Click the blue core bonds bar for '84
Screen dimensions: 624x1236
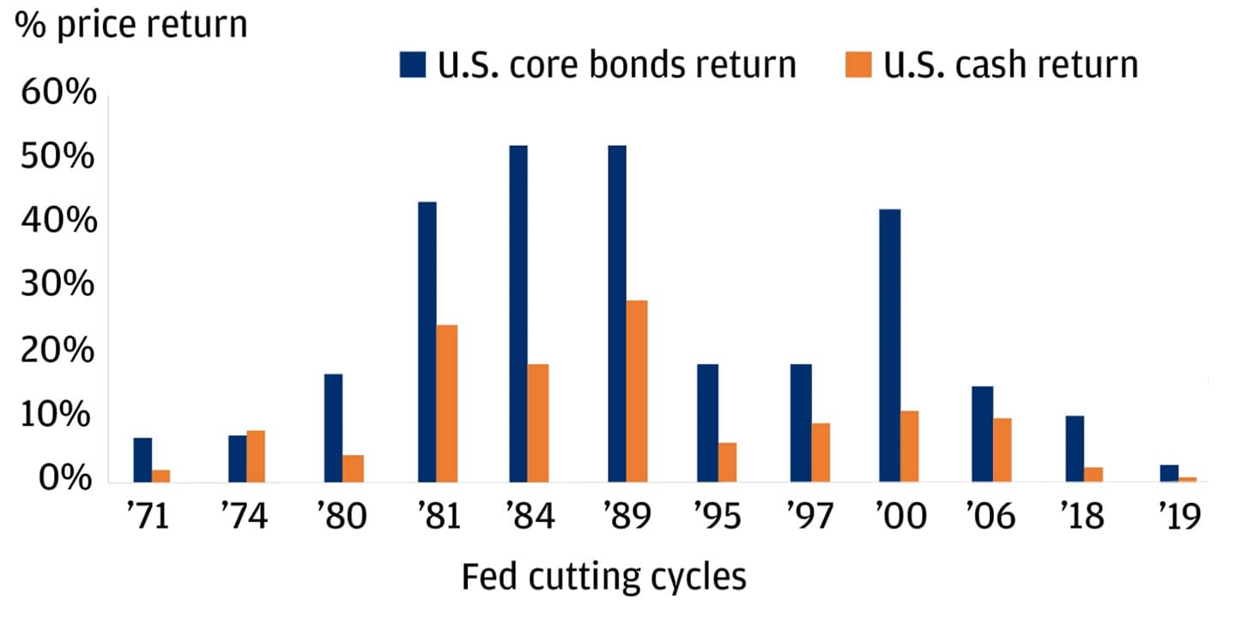tap(518, 313)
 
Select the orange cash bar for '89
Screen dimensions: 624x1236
tap(636, 391)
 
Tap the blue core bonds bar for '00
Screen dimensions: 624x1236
tap(890, 345)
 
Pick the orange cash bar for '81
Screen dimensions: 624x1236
tap(446, 403)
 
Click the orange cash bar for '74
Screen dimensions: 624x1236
tap(256, 456)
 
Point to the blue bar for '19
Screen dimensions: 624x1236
tap(1169, 474)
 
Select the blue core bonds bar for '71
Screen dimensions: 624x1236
tap(142, 460)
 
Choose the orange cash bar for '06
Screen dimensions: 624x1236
tap(1003, 450)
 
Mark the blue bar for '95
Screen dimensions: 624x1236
tap(707, 423)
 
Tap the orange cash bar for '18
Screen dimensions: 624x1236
tap(1094, 475)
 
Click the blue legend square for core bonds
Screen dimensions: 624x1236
tap(411, 65)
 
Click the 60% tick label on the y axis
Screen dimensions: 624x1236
tap(57, 94)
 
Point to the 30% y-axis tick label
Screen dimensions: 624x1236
tap(57, 285)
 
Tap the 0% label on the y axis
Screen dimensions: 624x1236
tap(65, 477)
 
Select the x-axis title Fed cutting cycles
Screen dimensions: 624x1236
tap(603, 578)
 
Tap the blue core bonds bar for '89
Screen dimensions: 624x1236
tap(616, 313)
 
